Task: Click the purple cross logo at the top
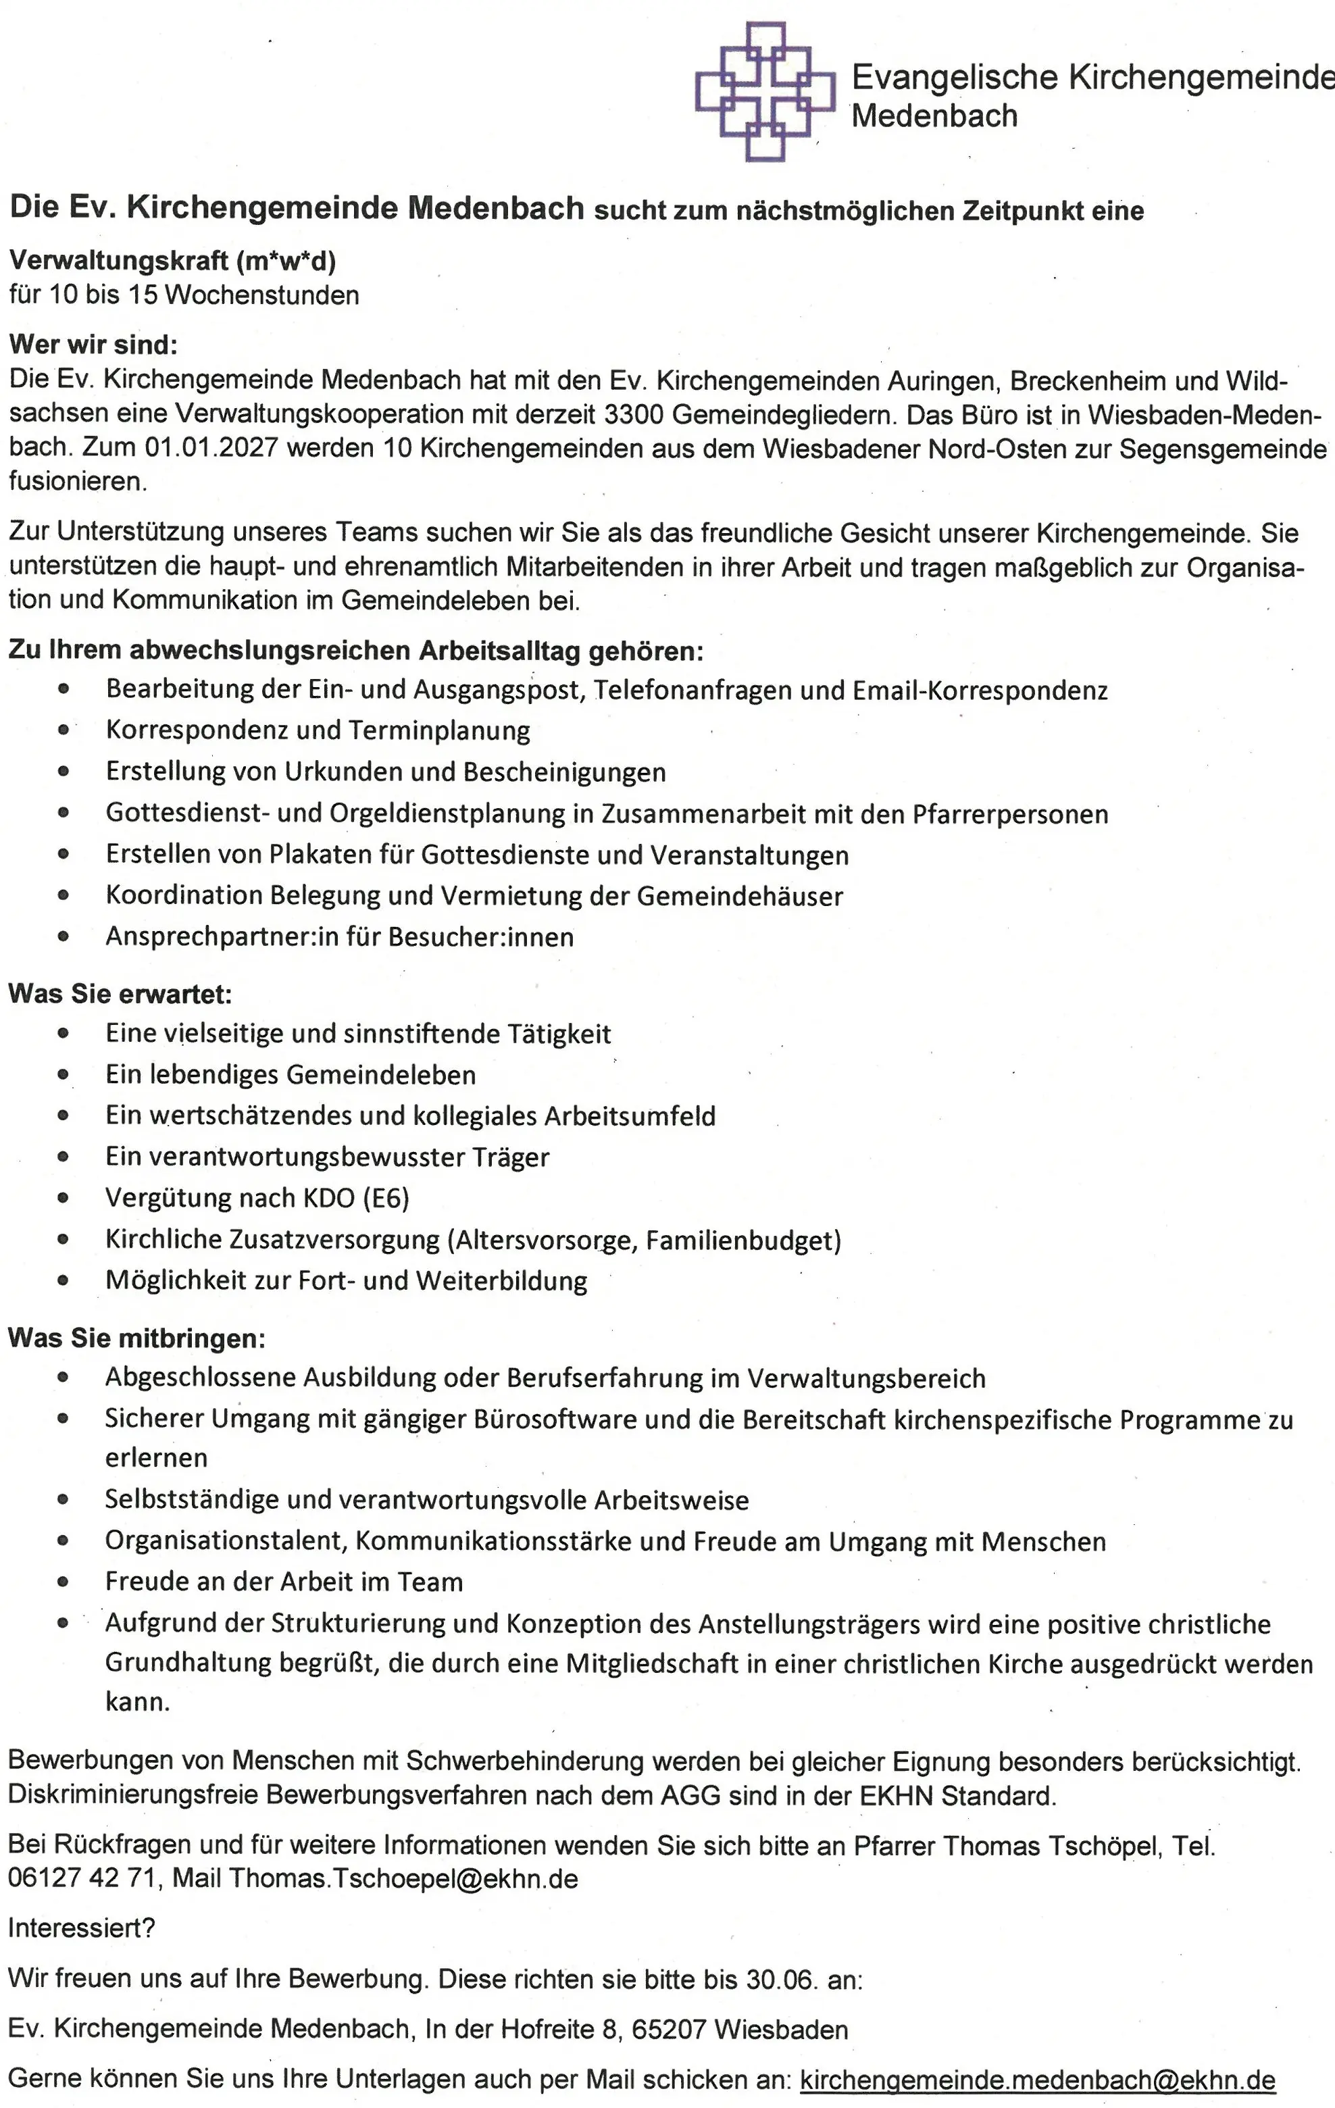coord(765,92)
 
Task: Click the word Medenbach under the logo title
coord(934,116)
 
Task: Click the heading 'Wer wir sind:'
coord(93,344)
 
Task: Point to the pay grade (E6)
coord(385,1197)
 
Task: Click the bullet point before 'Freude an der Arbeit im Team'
coord(63,1582)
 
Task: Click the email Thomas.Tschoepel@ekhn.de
coord(403,1879)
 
